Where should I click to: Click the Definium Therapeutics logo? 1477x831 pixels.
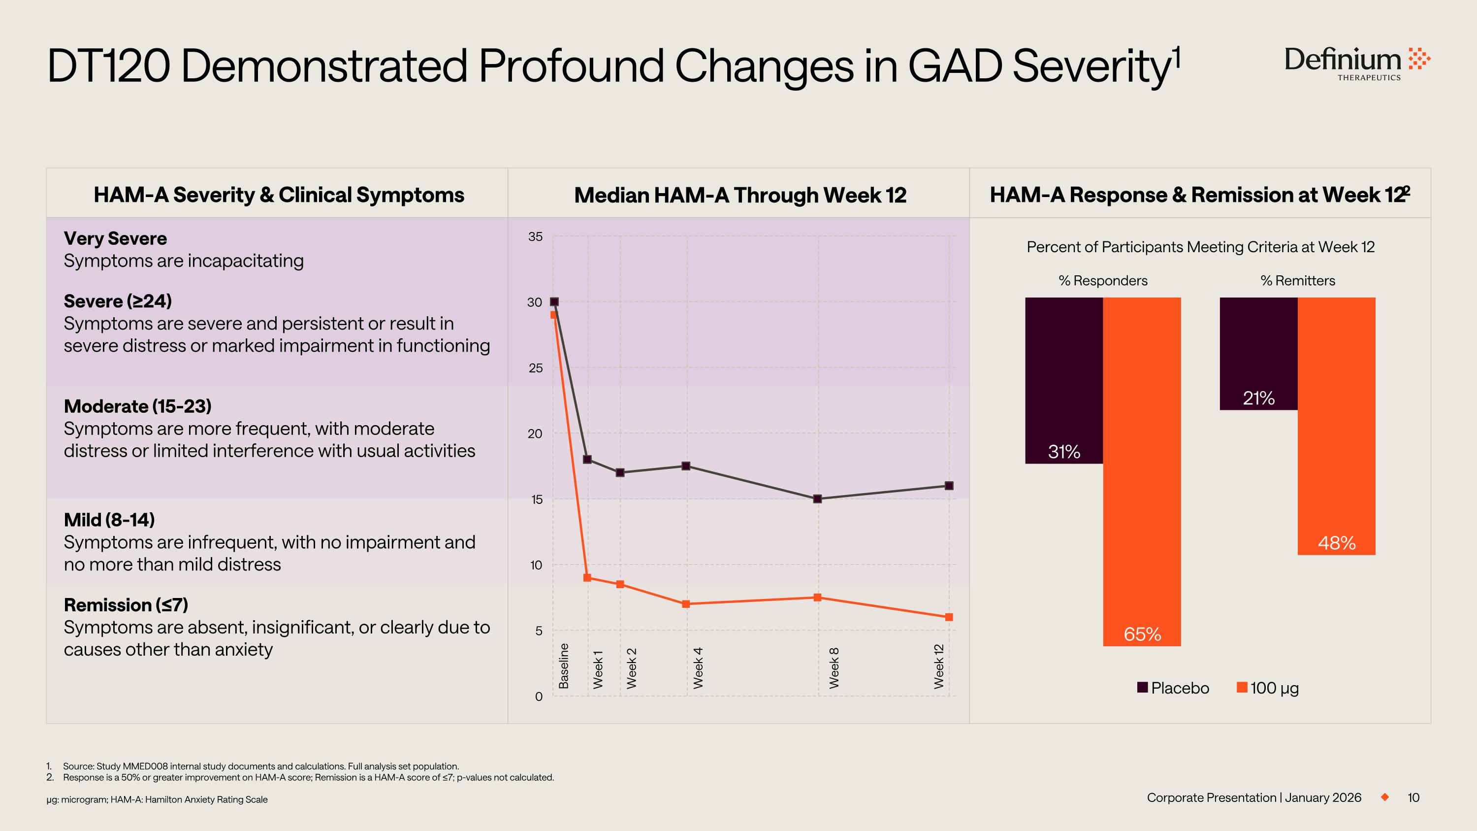1356,63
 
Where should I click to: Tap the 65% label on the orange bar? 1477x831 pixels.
1142,633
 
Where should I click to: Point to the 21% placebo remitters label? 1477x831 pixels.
1258,398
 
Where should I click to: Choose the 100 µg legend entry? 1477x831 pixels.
1268,688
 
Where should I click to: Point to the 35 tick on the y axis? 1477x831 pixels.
535,237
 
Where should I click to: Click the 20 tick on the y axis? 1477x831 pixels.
535,434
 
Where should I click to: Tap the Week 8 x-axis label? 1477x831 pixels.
834,667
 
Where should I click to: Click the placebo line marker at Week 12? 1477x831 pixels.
949,486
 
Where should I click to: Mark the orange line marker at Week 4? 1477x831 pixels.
686,604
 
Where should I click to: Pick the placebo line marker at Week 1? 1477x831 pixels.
587,460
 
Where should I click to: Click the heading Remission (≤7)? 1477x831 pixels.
126,605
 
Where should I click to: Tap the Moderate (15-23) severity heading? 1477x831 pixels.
138,406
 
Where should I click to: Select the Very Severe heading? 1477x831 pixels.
115,238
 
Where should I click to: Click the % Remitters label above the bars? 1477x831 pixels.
1297,280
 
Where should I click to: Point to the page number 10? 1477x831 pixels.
1413,798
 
